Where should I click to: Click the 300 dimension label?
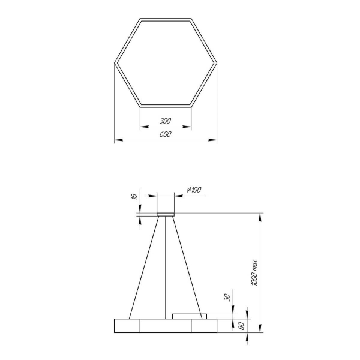pyautogui.click(x=165, y=121)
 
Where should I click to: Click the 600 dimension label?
pyautogui.click(x=165, y=135)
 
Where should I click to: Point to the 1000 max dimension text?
pyautogui.click(x=254, y=272)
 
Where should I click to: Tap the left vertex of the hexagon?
pyautogui.click(x=115, y=62)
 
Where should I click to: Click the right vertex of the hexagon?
pyautogui.click(x=216, y=62)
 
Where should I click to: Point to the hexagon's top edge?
pyautogui.click(x=165, y=19)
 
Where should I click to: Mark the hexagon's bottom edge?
pyautogui.click(x=165, y=106)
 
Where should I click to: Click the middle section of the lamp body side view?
pyautogui.click(x=165, y=325)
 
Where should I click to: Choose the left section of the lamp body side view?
pyautogui.click(x=127, y=325)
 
